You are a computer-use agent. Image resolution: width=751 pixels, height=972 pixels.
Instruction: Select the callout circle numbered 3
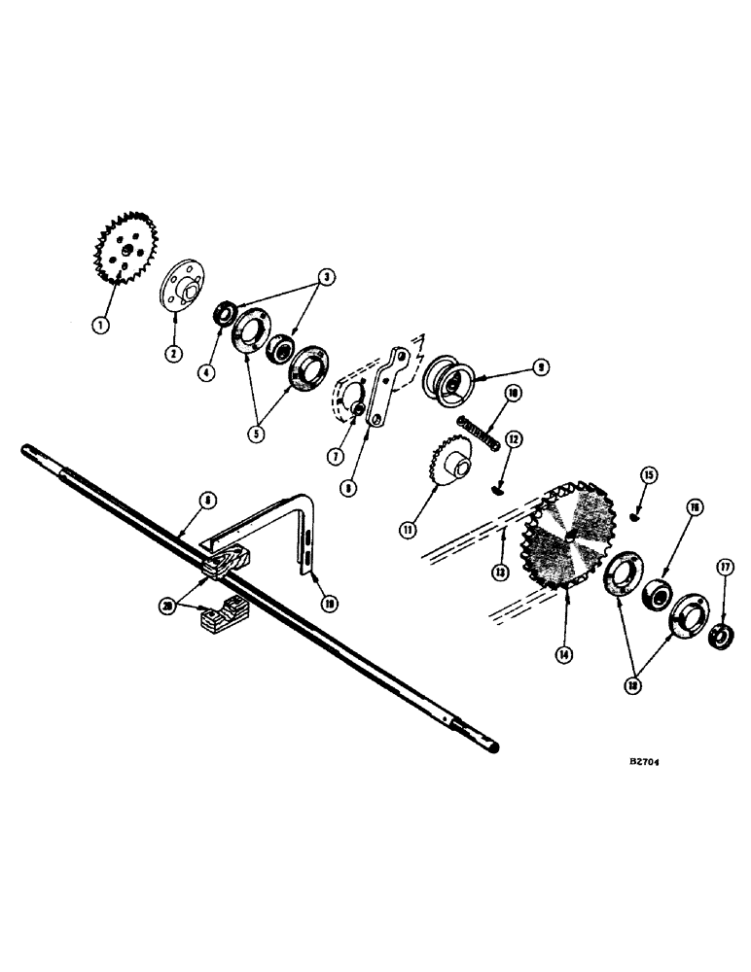point(329,278)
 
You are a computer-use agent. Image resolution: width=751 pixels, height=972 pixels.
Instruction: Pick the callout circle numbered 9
point(540,367)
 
